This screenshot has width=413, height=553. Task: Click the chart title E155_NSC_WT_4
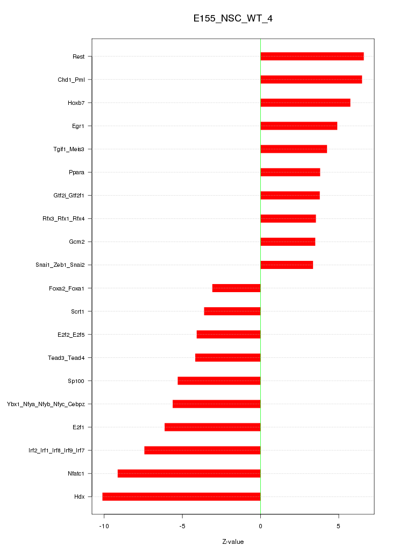click(x=233, y=19)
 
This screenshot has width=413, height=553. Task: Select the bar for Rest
click(x=312, y=56)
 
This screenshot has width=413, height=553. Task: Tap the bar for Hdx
click(x=181, y=497)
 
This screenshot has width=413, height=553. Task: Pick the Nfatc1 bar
click(x=189, y=473)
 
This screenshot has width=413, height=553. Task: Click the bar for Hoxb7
click(x=305, y=103)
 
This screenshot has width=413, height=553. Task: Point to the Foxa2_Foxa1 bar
click(x=236, y=288)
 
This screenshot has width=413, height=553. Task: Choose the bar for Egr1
click(x=299, y=126)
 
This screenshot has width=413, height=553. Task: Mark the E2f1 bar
click(x=212, y=427)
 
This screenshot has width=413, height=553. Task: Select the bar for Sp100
click(x=219, y=381)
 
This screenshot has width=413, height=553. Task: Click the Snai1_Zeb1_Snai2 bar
click(x=287, y=265)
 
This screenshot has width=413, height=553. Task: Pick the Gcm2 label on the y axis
click(x=76, y=242)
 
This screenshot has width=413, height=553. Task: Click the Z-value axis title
click(x=233, y=541)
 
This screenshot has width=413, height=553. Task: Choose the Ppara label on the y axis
click(x=76, y=172)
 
